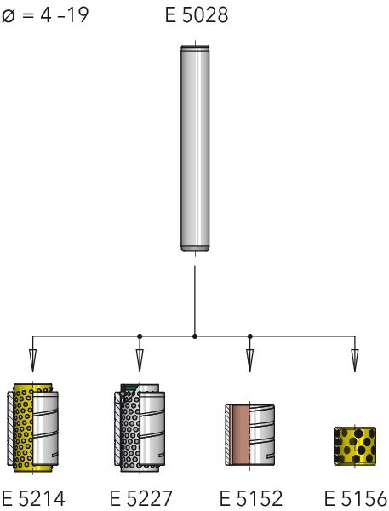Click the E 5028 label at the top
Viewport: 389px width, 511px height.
(x=197, y=15)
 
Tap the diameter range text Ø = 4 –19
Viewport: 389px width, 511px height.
(x=45, y=15)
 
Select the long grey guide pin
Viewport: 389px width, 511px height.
(x=195, y=148)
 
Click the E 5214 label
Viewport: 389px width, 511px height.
(x=33, y=498)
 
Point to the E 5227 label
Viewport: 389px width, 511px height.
(x=140, y=498)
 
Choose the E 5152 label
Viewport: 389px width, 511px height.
(x=251, y=498)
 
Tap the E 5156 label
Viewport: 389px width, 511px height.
(x=356, y=498)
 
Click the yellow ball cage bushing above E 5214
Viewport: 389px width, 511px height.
(x=32, y=428)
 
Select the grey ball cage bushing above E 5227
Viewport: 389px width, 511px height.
(x=140, y=428)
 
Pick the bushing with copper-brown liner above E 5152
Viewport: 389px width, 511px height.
(x=250, y=434)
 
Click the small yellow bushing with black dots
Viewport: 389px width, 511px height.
(x=355, y=445)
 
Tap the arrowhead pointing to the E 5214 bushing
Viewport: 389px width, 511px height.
(x=32, y=360)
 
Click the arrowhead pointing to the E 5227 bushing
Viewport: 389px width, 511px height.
(x=140, y=360)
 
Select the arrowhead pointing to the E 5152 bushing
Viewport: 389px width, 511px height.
(x=250, y=360)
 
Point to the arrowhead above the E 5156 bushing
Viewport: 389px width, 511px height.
(x=355, y=360)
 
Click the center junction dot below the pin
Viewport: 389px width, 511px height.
(x=195, y=336)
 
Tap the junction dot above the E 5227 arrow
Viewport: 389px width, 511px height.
(x=140, y=336)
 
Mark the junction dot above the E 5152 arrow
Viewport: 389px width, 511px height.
(x=250, y=336)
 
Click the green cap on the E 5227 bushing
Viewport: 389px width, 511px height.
(x=129, y=388)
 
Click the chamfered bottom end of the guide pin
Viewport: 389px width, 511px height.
(x=195, y=249)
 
